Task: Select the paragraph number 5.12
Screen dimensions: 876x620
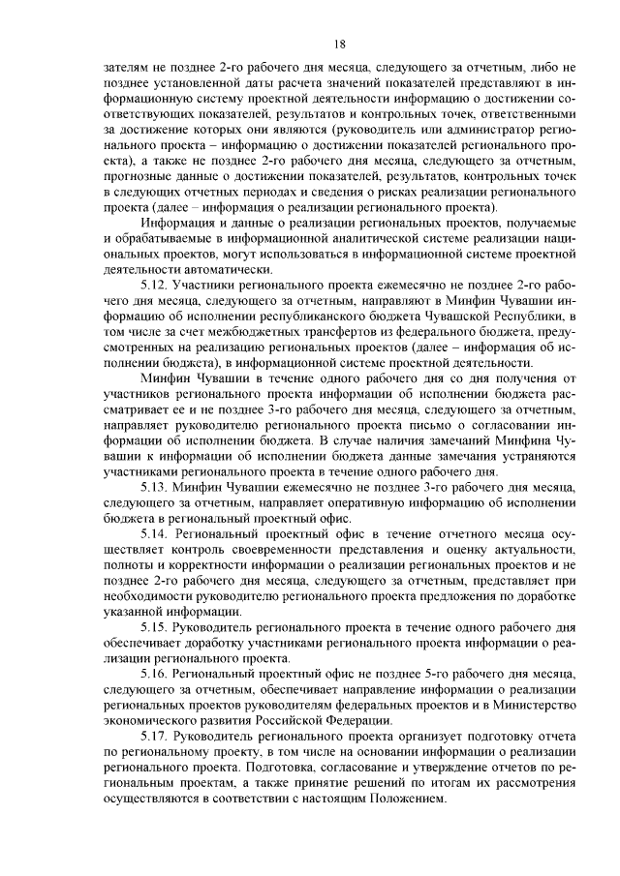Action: tap(156, 287)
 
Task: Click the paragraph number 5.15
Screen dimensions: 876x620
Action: tap(156, 626)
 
